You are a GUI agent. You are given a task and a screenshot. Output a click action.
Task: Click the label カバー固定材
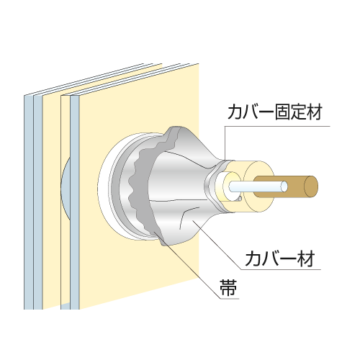[x=274, y=112]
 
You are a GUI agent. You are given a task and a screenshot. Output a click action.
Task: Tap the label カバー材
[x=280, y=258]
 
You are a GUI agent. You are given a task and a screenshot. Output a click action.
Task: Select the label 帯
[x=228, y=287]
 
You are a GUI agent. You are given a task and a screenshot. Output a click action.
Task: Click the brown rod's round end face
[x=311, y=186]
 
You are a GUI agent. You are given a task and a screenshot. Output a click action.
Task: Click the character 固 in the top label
[x=282, y=112]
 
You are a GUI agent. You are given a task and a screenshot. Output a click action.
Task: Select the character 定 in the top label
[x=298, y=112]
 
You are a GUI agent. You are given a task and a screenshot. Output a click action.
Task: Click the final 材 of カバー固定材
[x=314, y=112]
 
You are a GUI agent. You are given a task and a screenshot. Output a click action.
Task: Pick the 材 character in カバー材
[x=306, y=258]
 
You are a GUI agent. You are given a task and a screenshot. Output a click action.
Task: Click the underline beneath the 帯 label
[x=230, y=299]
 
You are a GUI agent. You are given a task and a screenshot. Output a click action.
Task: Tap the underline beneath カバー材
[x=281, y=269]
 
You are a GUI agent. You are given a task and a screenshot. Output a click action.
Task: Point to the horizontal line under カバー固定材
[x=277, y=126]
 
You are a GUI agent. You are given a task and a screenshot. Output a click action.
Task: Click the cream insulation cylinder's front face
[x=259, y=186]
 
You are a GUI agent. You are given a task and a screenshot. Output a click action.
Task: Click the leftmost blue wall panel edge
[x=29, y=202]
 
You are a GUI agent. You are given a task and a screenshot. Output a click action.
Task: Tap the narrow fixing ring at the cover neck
[x=214, y=185]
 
